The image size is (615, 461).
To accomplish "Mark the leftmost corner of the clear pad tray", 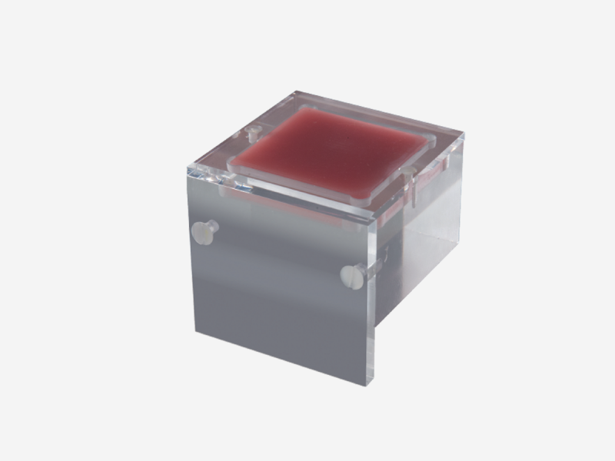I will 231,163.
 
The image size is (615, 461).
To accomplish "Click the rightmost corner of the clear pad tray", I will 435,141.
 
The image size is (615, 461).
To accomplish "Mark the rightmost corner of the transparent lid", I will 464,138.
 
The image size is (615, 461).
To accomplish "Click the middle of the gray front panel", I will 281,292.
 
